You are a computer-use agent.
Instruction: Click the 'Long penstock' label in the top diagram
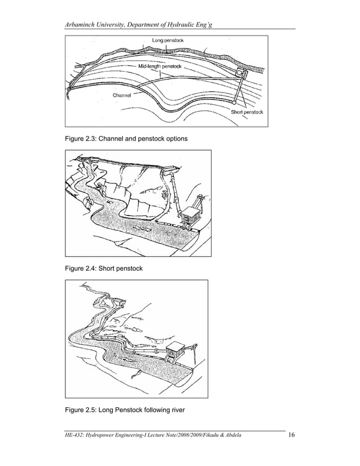[168, 41]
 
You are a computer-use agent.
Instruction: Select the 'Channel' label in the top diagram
[122, 95]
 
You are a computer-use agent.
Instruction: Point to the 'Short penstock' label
[247, 112]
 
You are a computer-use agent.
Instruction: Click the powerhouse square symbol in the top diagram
[241, 74]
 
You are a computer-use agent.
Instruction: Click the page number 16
[292, 434]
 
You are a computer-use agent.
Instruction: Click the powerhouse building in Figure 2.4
[190, 213]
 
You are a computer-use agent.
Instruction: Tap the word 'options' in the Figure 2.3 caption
[174, 138]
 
